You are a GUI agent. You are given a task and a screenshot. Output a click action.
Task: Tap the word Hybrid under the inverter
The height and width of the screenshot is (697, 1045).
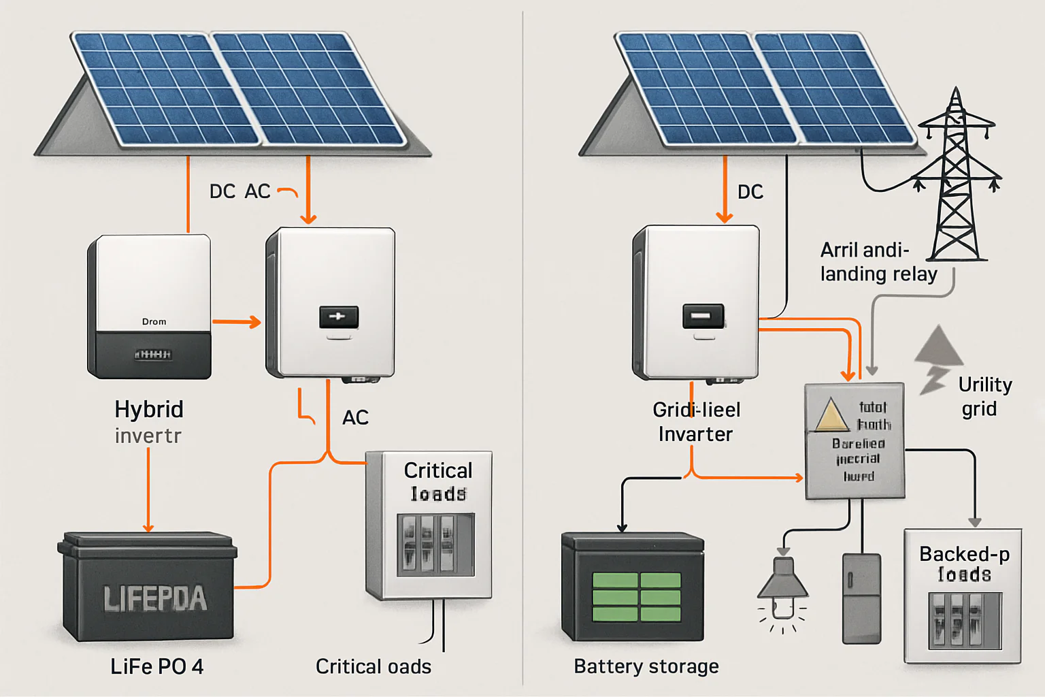(x=149, y=409)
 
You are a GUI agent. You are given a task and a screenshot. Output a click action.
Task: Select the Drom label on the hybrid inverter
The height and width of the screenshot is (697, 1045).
(x=154, y=321)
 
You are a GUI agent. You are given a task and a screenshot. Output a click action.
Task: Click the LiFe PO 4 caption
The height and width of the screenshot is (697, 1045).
(x=156, y=666)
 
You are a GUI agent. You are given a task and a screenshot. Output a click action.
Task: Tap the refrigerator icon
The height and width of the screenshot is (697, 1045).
(x=861, y=598)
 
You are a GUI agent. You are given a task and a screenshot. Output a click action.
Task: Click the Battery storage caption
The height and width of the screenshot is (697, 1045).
(x=646, y=666)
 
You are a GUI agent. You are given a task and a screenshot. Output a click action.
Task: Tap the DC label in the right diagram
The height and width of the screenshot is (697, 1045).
(x=750, y=192)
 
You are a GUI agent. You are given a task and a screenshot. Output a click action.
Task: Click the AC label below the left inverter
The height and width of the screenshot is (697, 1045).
(x=355, y=417)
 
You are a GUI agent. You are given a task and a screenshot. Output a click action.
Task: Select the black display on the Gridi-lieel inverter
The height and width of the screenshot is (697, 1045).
(x=703, y=317)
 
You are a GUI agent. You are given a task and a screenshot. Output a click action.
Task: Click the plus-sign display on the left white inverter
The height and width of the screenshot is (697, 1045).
(x=338, y=317)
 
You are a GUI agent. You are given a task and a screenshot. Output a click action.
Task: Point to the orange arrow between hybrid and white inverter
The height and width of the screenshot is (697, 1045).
(x=237, y=322)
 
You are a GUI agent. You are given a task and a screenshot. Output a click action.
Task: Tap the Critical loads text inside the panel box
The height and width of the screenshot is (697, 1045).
(x=437, y=481)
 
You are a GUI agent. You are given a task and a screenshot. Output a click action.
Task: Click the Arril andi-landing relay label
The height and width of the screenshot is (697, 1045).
(x=878, y=262)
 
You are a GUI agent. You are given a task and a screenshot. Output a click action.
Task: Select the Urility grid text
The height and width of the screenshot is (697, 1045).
(x=984, y=396)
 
